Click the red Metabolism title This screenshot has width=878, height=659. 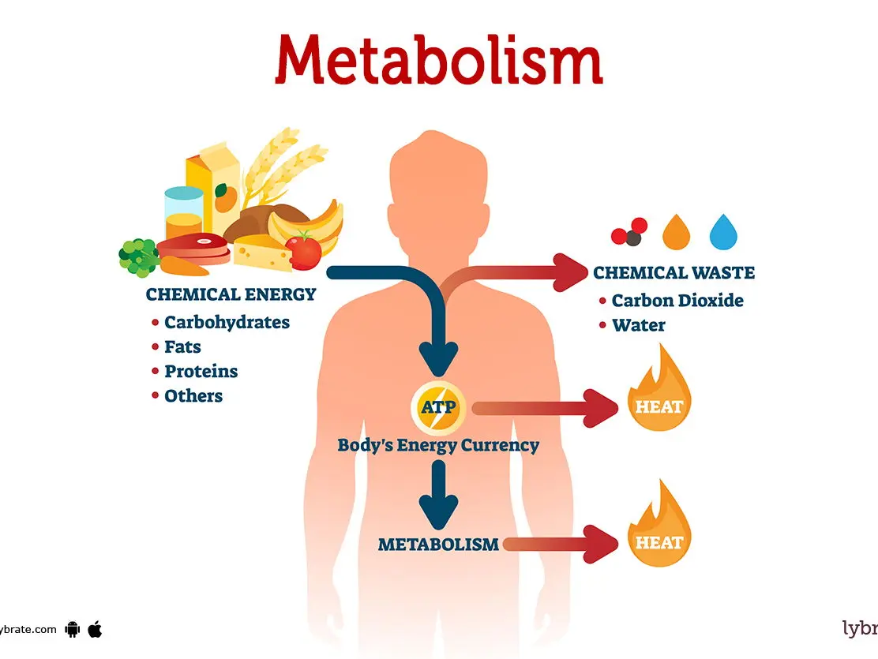[438, 60]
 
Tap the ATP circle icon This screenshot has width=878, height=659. [438, 407]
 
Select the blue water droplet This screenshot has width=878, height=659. [723, 231]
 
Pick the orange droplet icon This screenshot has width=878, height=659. [677, 231]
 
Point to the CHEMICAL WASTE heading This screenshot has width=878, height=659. [674, 272]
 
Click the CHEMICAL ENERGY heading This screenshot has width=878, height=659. [231, 294]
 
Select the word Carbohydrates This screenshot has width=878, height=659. [227, 322]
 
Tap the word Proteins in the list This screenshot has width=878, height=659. [201, 371]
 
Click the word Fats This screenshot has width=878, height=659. [182, 346]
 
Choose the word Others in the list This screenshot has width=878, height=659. [193, 396]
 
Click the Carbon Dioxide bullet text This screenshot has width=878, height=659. [677, 301]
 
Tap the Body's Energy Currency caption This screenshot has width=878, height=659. [438, 446]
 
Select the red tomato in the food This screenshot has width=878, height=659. [303, 251]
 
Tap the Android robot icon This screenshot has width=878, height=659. [72, 629]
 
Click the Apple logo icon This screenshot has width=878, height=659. [96, 629]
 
